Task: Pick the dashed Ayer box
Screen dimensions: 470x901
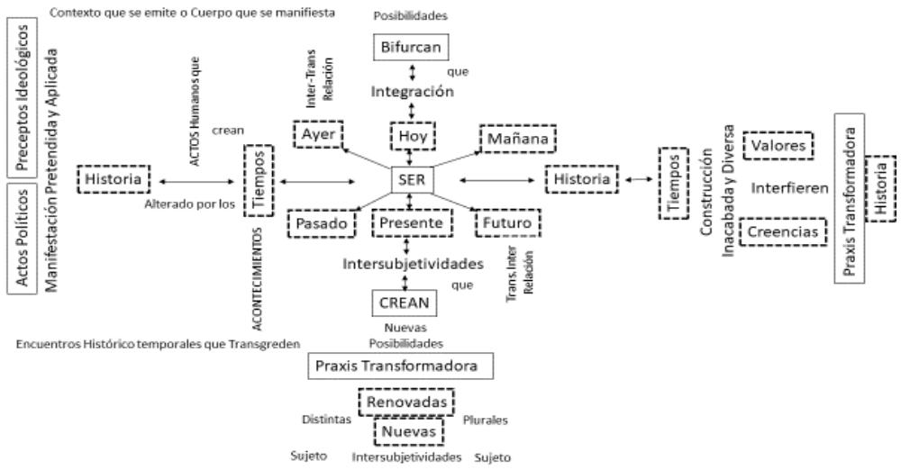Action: coord(318,135)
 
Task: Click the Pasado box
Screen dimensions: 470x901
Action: coord(320,222)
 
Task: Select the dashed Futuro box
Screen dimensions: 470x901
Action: coord(505,221)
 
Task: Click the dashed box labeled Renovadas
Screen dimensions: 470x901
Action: coord(405,400)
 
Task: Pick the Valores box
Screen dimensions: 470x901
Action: coord(777,144)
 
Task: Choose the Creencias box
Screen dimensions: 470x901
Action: coord(782,232)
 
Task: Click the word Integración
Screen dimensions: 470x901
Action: coord(410,91)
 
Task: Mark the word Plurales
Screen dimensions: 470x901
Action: coord(486,420)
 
